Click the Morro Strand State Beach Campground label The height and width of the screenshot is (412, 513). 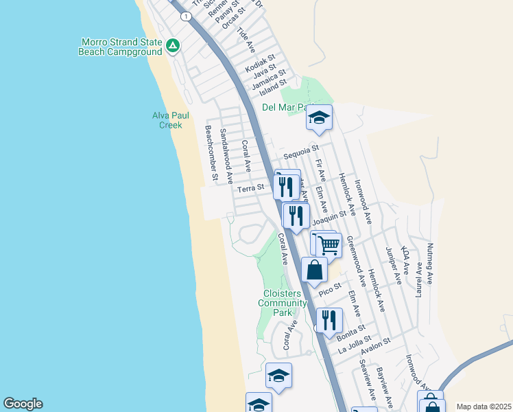click(x=120, y=46)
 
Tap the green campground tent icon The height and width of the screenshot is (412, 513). click(x=173, y=47)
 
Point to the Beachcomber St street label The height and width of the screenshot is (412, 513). click(x=210, y=153)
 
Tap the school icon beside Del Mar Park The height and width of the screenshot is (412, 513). click(x=319, y=117)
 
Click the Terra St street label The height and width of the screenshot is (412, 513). click(x=250, y=188)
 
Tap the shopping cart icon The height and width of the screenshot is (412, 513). click(x=329, y=244)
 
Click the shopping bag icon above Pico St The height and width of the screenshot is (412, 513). click(x=314, y=269)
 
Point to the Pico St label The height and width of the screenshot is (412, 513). click(x=330, y=289)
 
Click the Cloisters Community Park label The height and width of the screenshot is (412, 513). click(x=283, y=303)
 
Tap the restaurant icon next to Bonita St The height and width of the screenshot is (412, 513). click(x=329, y=319)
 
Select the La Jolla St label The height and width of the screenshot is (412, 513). click(x=355, y=343)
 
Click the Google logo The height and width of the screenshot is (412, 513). click(x=23, y=404)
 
